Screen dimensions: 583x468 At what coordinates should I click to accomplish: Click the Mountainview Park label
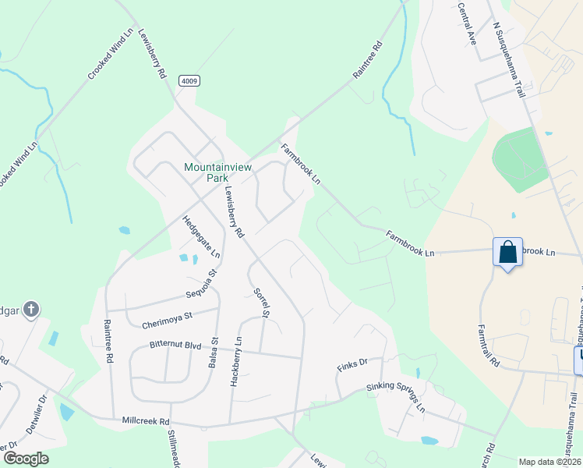(207, 172)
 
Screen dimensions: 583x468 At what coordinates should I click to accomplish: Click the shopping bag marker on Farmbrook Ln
(507, 253)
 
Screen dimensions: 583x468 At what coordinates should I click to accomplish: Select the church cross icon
(30, 310)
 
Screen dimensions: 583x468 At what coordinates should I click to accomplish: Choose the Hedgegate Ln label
(201, 236)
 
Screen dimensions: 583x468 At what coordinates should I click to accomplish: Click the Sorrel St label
(261, 303)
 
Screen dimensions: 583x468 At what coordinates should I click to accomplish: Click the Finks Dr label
(352, 363)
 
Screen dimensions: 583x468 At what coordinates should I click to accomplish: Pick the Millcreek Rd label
(146, 421)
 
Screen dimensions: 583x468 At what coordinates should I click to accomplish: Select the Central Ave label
(467, 23)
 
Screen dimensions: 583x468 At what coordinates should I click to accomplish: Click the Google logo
(26, 459)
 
